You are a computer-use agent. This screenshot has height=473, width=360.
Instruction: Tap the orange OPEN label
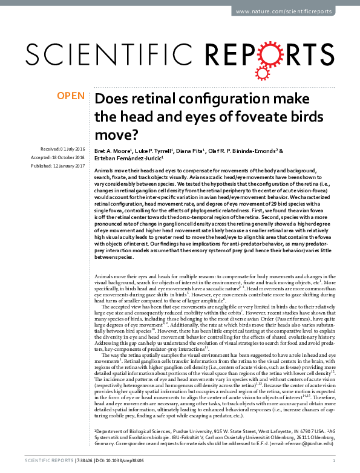coord(71,96)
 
